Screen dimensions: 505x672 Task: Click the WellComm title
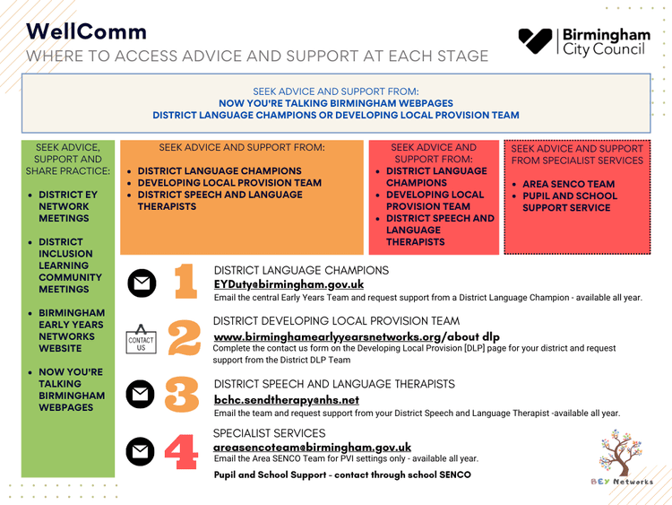coord(86,31)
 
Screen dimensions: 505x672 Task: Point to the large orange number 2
coord(184,339)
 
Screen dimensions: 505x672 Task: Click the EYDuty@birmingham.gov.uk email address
coord(289,284)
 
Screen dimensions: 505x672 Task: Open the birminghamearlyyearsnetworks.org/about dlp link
coord(357,336)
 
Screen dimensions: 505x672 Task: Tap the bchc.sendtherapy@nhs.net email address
coord(287,400)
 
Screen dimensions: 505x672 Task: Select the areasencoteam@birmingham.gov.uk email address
coord(313,447)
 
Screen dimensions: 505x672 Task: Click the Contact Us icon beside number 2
coord(141,339)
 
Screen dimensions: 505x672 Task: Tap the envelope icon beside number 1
coord(141,283)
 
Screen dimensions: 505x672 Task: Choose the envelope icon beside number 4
coord(141,452)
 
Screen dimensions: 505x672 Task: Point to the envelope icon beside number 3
coord(141,396)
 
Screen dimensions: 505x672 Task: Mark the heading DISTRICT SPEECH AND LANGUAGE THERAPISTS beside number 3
coord(334,384)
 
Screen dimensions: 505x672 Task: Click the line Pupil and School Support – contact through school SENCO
coord(342,474)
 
